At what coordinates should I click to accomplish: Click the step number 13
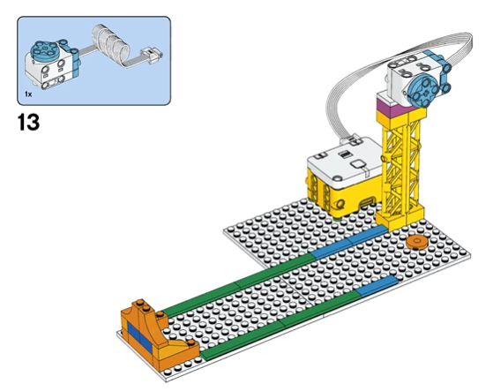pos(29,122)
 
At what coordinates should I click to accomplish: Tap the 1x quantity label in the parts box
pos(28,94)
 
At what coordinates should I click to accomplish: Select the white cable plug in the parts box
pos(153,56)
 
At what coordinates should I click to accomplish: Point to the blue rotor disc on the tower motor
pos(422,89)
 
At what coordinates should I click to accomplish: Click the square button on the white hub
pos(358,164)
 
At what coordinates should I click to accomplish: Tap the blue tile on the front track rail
pos(377,286)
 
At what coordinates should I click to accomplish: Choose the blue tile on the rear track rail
pos(349,243)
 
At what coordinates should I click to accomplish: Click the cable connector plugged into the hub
pos(351,139)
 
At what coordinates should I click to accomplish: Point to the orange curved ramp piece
pos(159,330)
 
